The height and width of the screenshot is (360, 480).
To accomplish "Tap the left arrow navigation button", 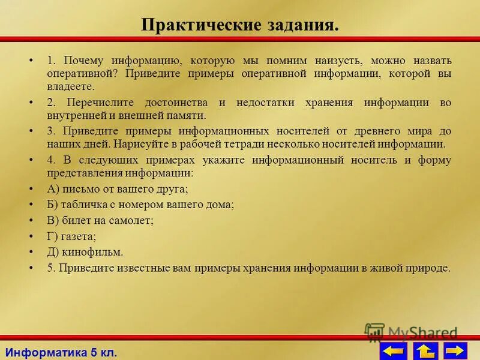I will [393, 350].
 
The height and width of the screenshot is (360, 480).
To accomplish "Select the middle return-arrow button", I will [425, 350].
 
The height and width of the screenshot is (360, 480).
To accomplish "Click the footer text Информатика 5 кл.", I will [61, 351].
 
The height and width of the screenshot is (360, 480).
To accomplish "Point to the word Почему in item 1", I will [83, 61].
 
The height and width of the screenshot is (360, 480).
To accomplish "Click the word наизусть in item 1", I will [338, 61].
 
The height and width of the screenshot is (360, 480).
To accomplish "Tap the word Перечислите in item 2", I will [97, 103].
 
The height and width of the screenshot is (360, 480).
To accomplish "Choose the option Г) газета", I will [71, 236].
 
